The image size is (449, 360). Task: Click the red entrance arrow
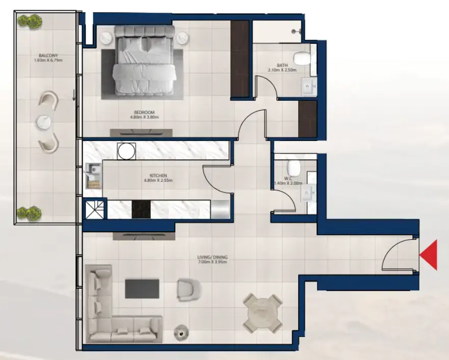pyautogui.click(x=429, y=255)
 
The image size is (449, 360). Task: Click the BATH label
pyautogui.click(x=282, y=65)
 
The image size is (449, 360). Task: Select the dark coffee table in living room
pyautogui.click(x=142, y=288)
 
